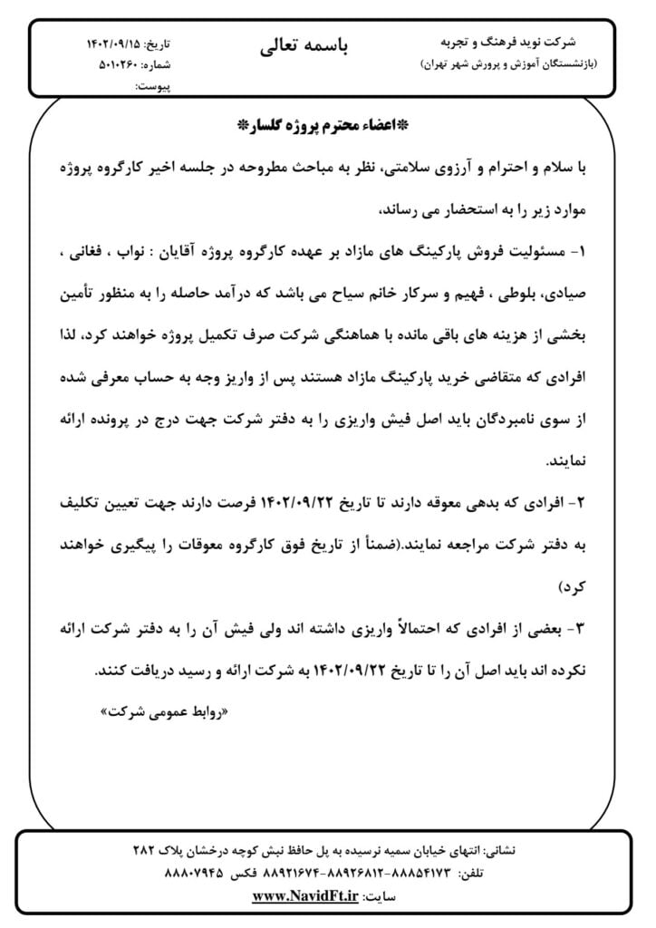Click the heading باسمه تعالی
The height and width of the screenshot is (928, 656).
pyautogui.click(x=304, y=45)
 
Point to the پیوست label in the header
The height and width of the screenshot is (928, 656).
pyautogui.click(x=152, y=86)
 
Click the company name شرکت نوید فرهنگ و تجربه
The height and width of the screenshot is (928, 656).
pyautogui.click(x=518, y=43)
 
